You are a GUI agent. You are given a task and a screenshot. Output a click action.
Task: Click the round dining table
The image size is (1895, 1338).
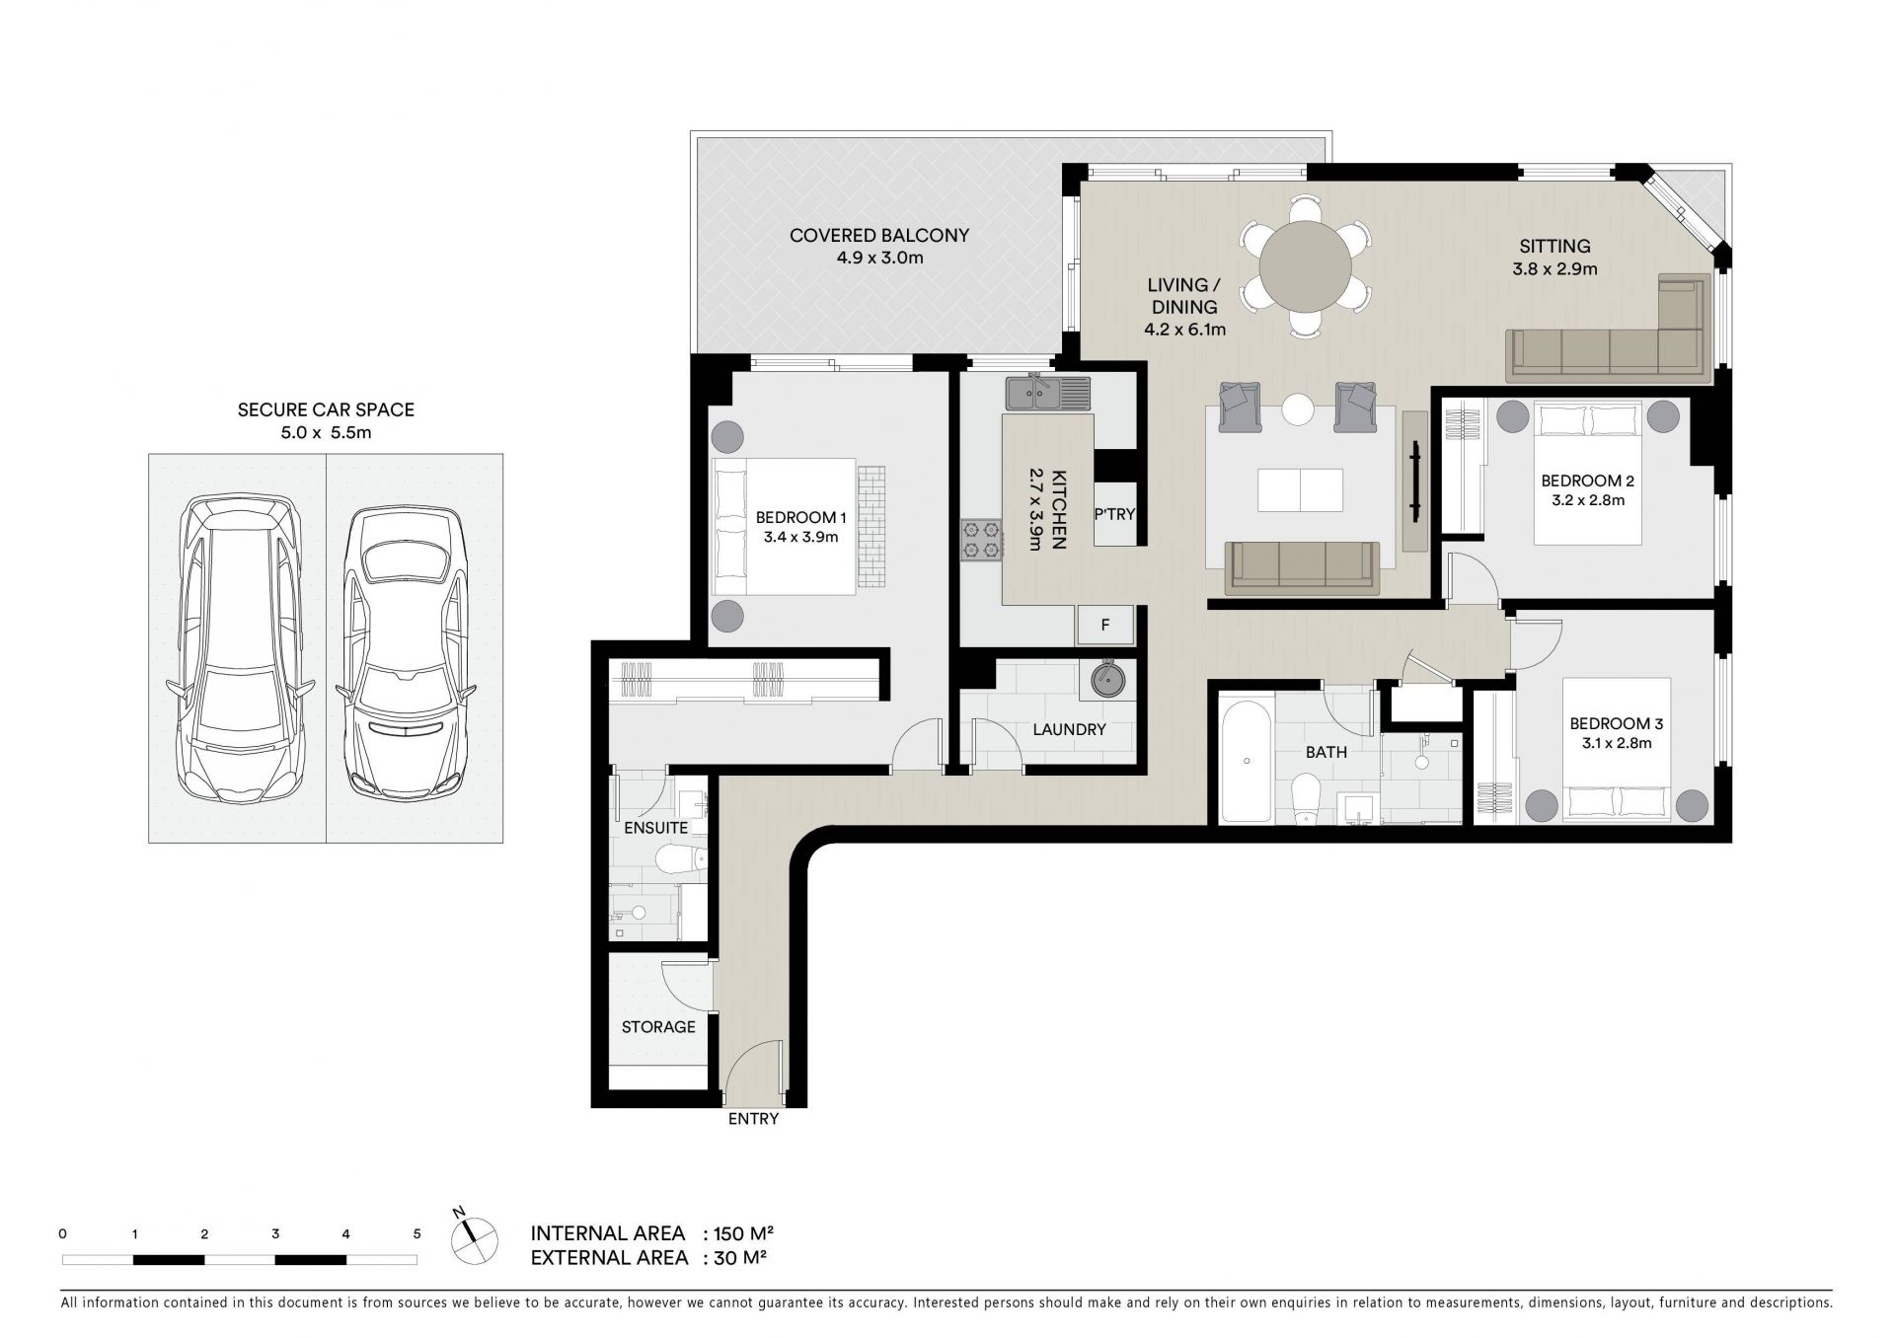1305,267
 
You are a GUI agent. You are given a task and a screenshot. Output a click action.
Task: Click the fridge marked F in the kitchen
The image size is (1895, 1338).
1105,625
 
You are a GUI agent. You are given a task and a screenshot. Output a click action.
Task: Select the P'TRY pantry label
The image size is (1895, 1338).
1114,514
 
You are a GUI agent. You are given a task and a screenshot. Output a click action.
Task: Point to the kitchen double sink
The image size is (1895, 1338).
1048,394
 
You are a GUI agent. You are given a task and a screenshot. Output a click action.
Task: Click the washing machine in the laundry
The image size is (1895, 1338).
1106,679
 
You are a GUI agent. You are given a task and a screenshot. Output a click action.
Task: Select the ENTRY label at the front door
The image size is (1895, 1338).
753,1119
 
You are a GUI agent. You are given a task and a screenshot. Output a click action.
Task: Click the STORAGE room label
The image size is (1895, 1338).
658,1027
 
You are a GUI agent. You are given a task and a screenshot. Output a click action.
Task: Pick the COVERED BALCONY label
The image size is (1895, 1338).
879,236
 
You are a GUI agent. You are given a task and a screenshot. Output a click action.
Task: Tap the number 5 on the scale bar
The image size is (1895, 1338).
417,1233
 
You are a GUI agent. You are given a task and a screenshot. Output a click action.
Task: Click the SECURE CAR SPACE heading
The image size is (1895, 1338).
326,409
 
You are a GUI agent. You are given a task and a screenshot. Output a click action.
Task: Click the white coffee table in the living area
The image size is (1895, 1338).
1301,489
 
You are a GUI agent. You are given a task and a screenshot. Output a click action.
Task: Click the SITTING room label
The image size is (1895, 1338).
1554,247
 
